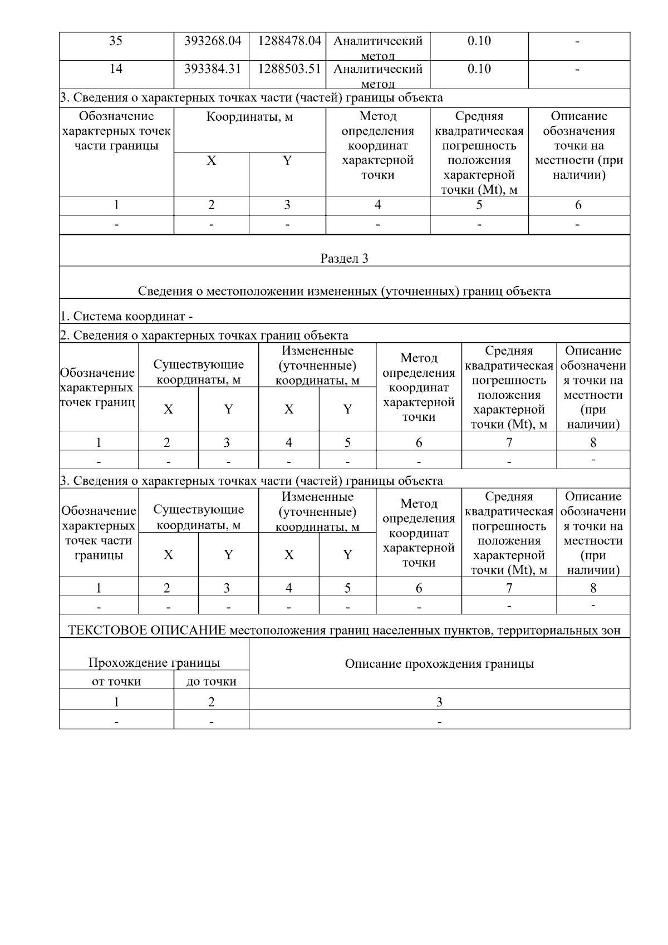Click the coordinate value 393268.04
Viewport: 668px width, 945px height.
click(212, 41)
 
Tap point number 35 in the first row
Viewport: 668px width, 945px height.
click(116, 41)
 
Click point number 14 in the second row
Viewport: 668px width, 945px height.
click(116, 69)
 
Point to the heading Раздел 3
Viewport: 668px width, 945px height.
click(344, 258)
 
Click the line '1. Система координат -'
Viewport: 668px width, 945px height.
click(126, 317)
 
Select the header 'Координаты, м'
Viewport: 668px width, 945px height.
click(249, 117)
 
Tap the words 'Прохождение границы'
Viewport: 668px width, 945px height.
click(154, 662)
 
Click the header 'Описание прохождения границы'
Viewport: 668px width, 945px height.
click(439, 663)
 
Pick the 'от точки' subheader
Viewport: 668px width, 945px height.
click(116, 681)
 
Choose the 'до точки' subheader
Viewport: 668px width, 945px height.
click(211, 681)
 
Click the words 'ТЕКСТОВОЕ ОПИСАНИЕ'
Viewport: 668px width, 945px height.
click(147, 630)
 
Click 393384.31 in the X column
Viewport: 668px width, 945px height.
click(212, 69)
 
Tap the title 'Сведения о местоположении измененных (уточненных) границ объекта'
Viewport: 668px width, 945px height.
click(344, 291)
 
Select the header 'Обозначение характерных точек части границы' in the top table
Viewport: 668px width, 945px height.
click(116, 131)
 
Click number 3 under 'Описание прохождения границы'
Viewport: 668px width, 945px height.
click(439, 702)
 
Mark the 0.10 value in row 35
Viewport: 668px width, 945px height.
click(479, 41)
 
